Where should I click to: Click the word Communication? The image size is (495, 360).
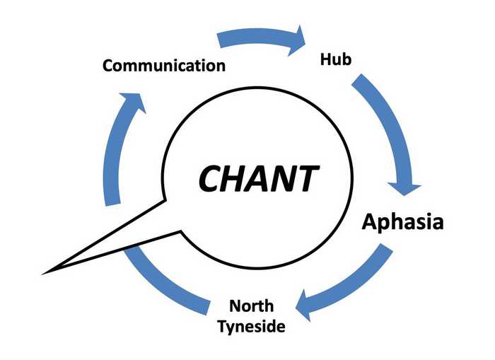[164, 66]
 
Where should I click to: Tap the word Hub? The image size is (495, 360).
[336, 59]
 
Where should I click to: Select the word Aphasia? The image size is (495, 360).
[402, 221]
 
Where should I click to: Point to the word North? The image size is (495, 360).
[252, 307]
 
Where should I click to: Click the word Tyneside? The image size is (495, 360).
[252, 327]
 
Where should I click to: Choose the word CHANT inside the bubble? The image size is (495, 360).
[257, 178]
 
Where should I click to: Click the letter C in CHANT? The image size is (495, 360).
[211, 178]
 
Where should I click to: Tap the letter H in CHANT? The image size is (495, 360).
[238, 178]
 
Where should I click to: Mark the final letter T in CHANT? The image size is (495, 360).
[304, 178]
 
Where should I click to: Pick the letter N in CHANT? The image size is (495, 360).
[281, 178]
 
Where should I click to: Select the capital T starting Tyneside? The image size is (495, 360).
[223, 327]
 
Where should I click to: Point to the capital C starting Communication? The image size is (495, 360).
[108, 66]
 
